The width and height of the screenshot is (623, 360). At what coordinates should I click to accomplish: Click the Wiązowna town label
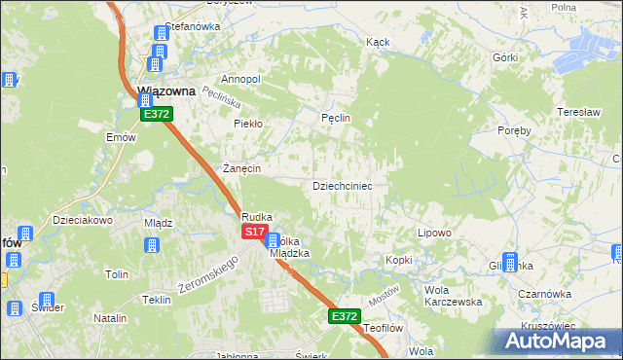pos(166,90)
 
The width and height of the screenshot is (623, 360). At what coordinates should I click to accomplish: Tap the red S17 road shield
pos(254,232)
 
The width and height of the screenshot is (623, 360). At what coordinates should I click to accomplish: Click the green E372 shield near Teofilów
pos(344,316)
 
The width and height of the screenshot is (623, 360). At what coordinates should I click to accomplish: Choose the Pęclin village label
pos(335,118)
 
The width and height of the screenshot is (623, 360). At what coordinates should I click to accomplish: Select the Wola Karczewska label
pos(454,296)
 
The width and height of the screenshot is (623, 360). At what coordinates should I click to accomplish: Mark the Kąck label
pos(378,43)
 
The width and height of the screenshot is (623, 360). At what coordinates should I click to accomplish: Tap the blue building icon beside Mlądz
pos(152,243)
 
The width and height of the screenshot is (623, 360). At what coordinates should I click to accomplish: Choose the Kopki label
pos(399,260)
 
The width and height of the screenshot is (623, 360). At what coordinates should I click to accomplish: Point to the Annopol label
pos(241,79)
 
